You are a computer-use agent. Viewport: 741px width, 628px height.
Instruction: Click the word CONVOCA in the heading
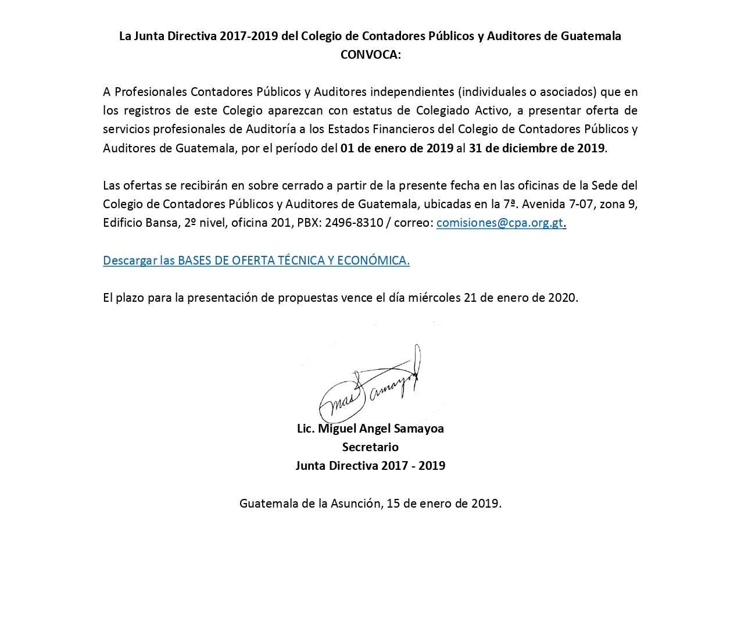370,55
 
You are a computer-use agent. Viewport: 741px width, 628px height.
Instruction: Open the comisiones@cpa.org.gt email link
500,222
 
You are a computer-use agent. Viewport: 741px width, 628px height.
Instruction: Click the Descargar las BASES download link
256,260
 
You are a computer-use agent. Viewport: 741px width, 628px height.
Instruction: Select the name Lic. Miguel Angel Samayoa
370,429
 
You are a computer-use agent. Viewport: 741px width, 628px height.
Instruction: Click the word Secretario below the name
370,447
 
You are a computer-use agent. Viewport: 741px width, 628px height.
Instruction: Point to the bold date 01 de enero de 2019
397,148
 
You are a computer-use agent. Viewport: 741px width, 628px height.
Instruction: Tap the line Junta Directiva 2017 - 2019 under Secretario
370,466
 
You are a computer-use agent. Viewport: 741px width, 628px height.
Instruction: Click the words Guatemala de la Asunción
309,503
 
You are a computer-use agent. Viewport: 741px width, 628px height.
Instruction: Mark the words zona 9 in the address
618,204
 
